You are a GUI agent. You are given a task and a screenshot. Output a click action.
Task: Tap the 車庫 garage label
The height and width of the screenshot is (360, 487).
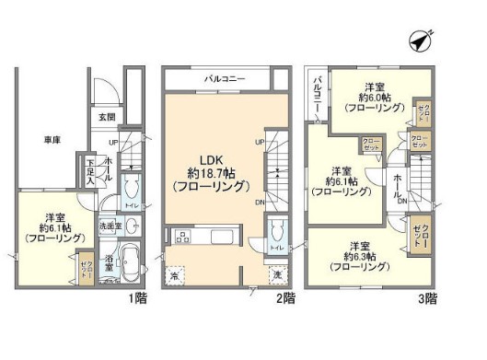[52, 139]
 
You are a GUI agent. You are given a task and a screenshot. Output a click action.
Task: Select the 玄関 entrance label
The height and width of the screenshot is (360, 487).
[108, 117]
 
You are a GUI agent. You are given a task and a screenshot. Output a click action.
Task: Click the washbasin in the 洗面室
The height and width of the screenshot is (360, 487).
[131, 226]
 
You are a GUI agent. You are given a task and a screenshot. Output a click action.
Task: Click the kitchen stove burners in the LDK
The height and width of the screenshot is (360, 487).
[182, 238]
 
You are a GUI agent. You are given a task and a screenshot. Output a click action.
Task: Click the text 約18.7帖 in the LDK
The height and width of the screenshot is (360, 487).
[208, 172]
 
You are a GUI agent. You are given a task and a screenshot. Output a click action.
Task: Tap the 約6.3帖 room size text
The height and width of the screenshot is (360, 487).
[357, 257]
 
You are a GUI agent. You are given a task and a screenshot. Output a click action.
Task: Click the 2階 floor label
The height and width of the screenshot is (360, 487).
[284, 299]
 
